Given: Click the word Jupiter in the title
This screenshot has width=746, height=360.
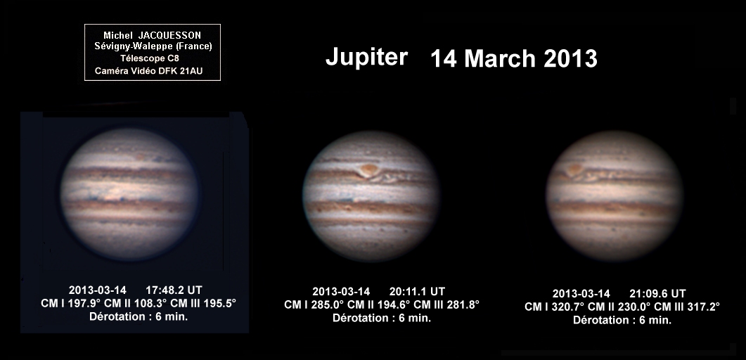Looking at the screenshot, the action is [x=366, y=58].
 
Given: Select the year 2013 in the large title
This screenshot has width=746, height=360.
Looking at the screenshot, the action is [x=570, y=59].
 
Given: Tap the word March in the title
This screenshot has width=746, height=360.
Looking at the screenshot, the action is [x=499, y=59].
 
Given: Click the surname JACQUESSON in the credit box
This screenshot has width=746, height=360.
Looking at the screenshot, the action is [x=169, y=36].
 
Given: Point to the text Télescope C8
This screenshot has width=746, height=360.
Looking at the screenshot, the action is [x=149, y=58].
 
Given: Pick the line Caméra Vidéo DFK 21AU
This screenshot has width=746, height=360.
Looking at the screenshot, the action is [x=148, y=71].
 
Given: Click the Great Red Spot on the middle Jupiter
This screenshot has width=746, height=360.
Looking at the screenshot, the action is [x=368, y=169].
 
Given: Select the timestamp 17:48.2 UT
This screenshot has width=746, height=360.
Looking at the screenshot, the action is [x=174, y=290].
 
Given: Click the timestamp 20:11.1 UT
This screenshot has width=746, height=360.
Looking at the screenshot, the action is [x=417, y=292].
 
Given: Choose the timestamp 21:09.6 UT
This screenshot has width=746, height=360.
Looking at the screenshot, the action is [x=658, y=293].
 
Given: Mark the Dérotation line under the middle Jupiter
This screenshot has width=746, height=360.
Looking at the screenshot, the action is [x=382, y=318].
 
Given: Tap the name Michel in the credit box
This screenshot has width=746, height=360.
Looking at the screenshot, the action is [x=118, y=36].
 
